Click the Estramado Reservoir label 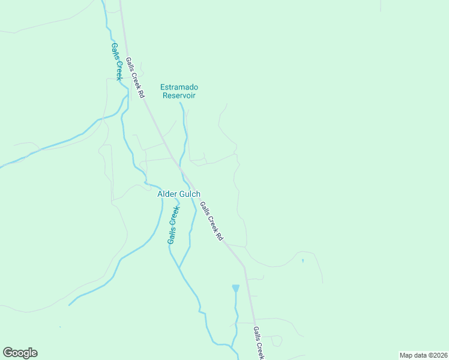pos(178,91)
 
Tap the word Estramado pos(178,87)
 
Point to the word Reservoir pos(178,95)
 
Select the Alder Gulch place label pos(179,194)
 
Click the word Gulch pos(190,194)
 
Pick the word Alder pos(167,194)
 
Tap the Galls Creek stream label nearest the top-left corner pos(116,61)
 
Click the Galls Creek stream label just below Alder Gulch pos(173,224)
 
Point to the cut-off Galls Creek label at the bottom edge pos(258,343)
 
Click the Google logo pos(20,353)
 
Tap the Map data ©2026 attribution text pos(423,355)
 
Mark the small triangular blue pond pos(235,289)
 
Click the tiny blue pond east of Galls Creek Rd pos(303,260)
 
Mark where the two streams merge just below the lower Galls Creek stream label pos(179,268)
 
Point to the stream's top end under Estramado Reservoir pos(181,103)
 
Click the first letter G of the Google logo pos(8,353)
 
